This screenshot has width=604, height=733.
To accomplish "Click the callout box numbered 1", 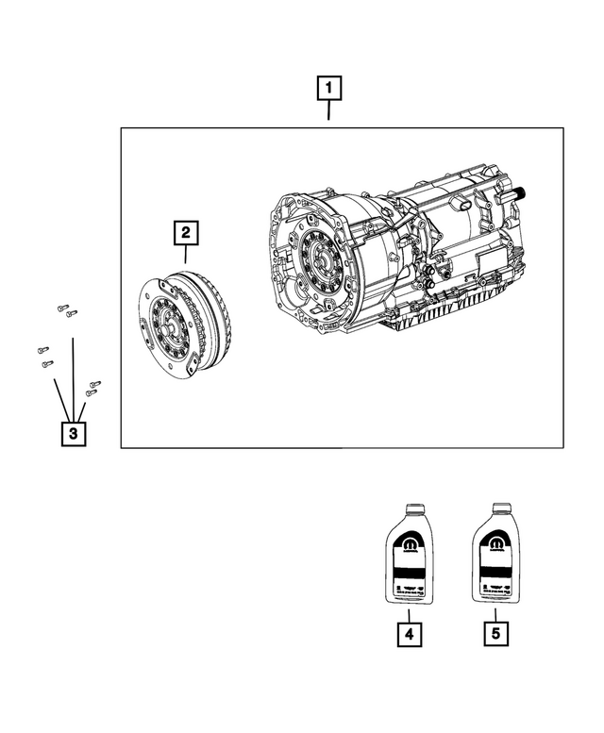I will (327, 90).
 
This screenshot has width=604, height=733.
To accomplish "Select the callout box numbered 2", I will (186, 231).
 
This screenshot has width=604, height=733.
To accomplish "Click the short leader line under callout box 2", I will (186, 252).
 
